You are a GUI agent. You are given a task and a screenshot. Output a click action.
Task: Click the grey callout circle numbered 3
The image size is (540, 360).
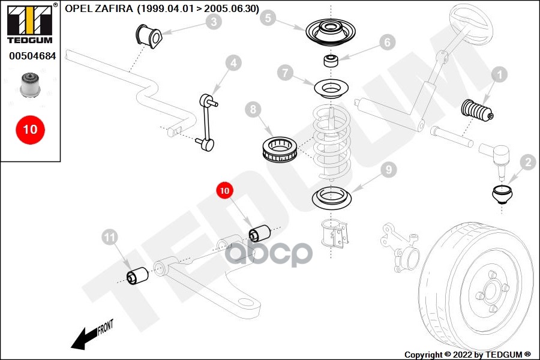coord(214,22)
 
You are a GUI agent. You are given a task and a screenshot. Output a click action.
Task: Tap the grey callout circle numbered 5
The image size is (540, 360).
coord(268,17)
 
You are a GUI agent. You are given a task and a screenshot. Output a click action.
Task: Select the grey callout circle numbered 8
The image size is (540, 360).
coord(253,110)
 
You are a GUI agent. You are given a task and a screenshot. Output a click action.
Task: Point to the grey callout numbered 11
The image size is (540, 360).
coord(110,237)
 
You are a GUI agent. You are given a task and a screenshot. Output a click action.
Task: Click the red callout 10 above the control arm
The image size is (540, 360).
coord(224,191)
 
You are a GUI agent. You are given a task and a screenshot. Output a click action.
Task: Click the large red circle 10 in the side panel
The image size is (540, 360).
coord(31,130)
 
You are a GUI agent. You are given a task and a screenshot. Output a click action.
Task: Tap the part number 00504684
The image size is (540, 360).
coord(32,56)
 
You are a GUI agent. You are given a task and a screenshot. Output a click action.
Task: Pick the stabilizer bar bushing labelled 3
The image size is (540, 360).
coord(148,36)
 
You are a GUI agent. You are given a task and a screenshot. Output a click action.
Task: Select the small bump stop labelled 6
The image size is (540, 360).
coord(331,60)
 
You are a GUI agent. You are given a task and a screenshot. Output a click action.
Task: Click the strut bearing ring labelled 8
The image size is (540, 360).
coord(280,150)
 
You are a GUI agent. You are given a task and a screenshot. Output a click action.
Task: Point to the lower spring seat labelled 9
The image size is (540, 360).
coord(331,198)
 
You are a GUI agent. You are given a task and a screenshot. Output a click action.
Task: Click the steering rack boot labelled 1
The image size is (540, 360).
coord(477,110)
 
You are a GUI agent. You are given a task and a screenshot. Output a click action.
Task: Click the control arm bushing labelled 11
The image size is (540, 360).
coord(137,276)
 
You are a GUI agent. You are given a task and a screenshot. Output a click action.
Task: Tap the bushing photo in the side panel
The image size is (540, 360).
coord(31,85)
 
